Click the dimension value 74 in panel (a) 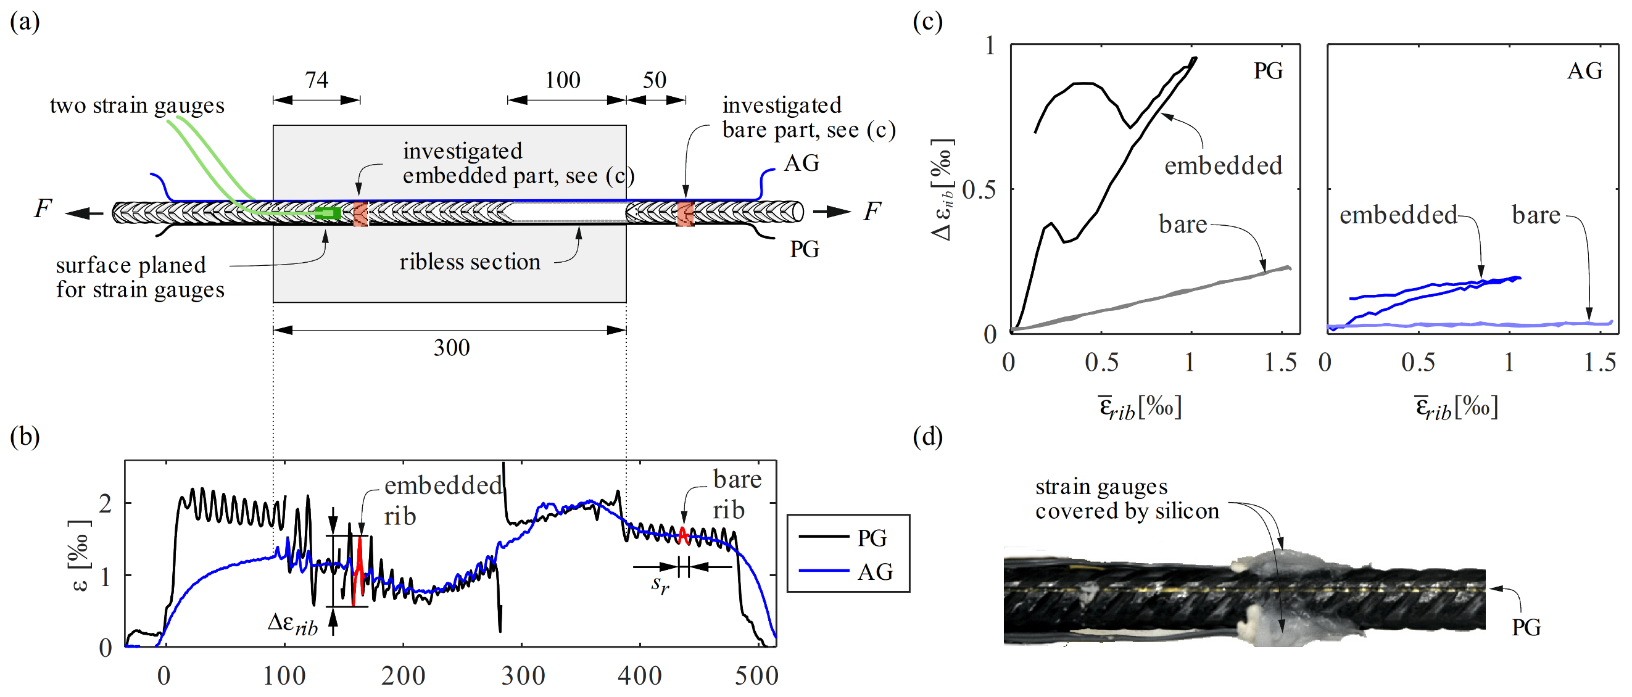pyautogui.click(x=316, y=80)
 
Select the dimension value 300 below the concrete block pyautogui.click(x=451, y=347)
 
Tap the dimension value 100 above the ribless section pyautogui.click(x=563, y=80)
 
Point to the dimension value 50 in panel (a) pyautogui.click(x=655, y=80)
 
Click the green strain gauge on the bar pyautogui.click(x=328, y=213)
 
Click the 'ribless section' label pyautogui.click(x=470, y=262)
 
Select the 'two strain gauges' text pyautogui.click(x=137, y=105)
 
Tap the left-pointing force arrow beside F pyautogui.click(x=85, y=213)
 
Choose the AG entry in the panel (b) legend pyautogui.click(x=875, y=572)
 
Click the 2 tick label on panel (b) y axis pyautogui.click(x=106, y=503)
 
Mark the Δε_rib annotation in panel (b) pyautogui.click(x=292, y=624)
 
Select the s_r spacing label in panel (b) pyautogui.click(x=660, y=585)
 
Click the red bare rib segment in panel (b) pyautogui.click(x=683, y=535)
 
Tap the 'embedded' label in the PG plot pyautogui.click(x=1224, y=166)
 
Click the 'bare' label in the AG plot pyautogui.click(x=1536, y=215)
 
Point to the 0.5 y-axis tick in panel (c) pyautogui.click(x=979, y=189)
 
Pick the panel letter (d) pyautogui.click(x=927, y=437)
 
